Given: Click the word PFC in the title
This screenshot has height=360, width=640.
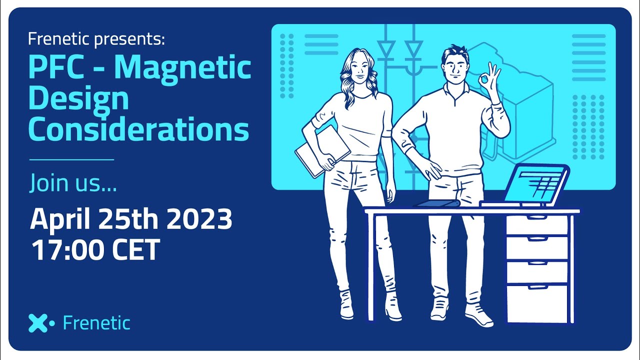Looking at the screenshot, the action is pos(56,68).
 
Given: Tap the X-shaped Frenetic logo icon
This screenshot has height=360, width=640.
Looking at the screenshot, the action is pos(41,323).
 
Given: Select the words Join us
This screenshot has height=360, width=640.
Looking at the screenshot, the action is pos(73,182).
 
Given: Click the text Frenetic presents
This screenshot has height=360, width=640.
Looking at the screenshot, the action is pos(96,39).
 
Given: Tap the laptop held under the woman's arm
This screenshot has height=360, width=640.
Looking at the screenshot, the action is pos(322,151).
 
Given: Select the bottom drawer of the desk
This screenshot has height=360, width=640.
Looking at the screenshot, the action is pos(537,303).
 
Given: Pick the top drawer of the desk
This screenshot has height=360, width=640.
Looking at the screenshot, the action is pos(537,224).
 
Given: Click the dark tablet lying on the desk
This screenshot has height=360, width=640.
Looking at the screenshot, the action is pos(437,203).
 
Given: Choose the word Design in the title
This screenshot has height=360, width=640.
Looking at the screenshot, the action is pos(78,100).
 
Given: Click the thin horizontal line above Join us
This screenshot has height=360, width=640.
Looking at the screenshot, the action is pos(71,159).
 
